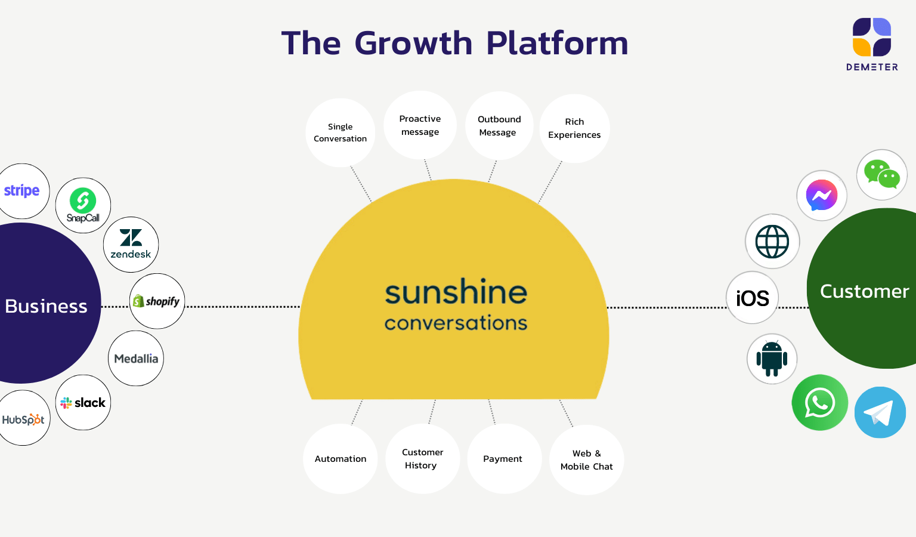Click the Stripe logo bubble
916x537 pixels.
coord(22,191)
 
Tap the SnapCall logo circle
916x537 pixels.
coord(83,205)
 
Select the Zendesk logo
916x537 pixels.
coord(131,244)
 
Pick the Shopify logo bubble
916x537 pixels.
coord(157,301)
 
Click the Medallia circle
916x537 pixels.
coord(136,359)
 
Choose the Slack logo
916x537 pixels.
coord(83,403)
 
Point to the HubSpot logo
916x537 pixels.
coord(23,419)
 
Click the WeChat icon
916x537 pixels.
coord(882,174)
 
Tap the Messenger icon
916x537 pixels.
coord(822,195)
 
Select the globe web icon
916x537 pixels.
coord(772,241)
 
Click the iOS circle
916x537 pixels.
coord(753,298)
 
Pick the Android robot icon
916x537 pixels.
coord(772,359)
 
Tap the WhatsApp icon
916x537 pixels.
coord(820,403)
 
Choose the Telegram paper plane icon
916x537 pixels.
coord(880,412)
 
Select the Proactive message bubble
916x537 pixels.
coord(420,125)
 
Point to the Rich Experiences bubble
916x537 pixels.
coord(574,128)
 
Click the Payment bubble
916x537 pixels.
coord(503,459)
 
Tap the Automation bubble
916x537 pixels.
coord(341,459)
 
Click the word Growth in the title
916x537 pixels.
coord(413,43)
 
